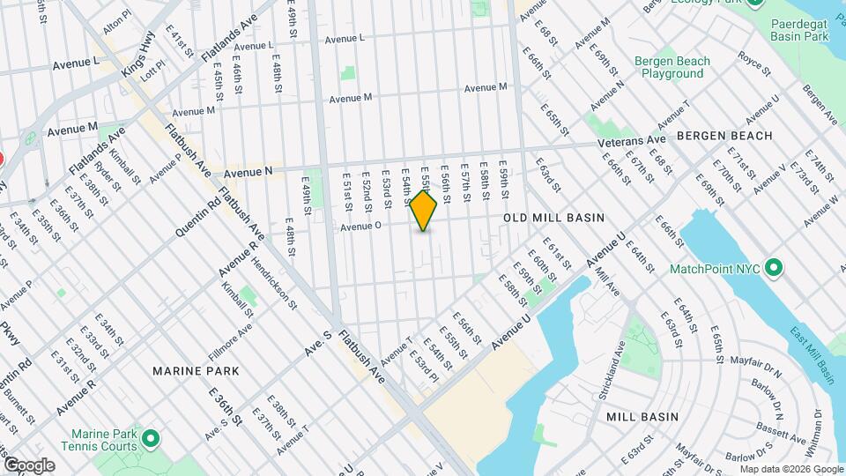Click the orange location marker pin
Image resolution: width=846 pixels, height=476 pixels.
tap(424, 212)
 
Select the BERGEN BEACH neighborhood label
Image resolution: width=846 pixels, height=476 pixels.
tap(724, 136)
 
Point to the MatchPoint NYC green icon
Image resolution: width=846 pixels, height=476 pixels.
tap(774, 267)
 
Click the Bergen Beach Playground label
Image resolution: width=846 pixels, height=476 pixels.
tap(670, 68)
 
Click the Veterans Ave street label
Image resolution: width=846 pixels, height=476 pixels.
tap(631, 140)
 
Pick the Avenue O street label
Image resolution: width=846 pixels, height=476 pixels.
tap(360, 226)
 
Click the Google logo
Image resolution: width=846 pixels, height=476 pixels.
tap(28, 465)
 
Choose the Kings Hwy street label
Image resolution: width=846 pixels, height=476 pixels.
tap(138, 56)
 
